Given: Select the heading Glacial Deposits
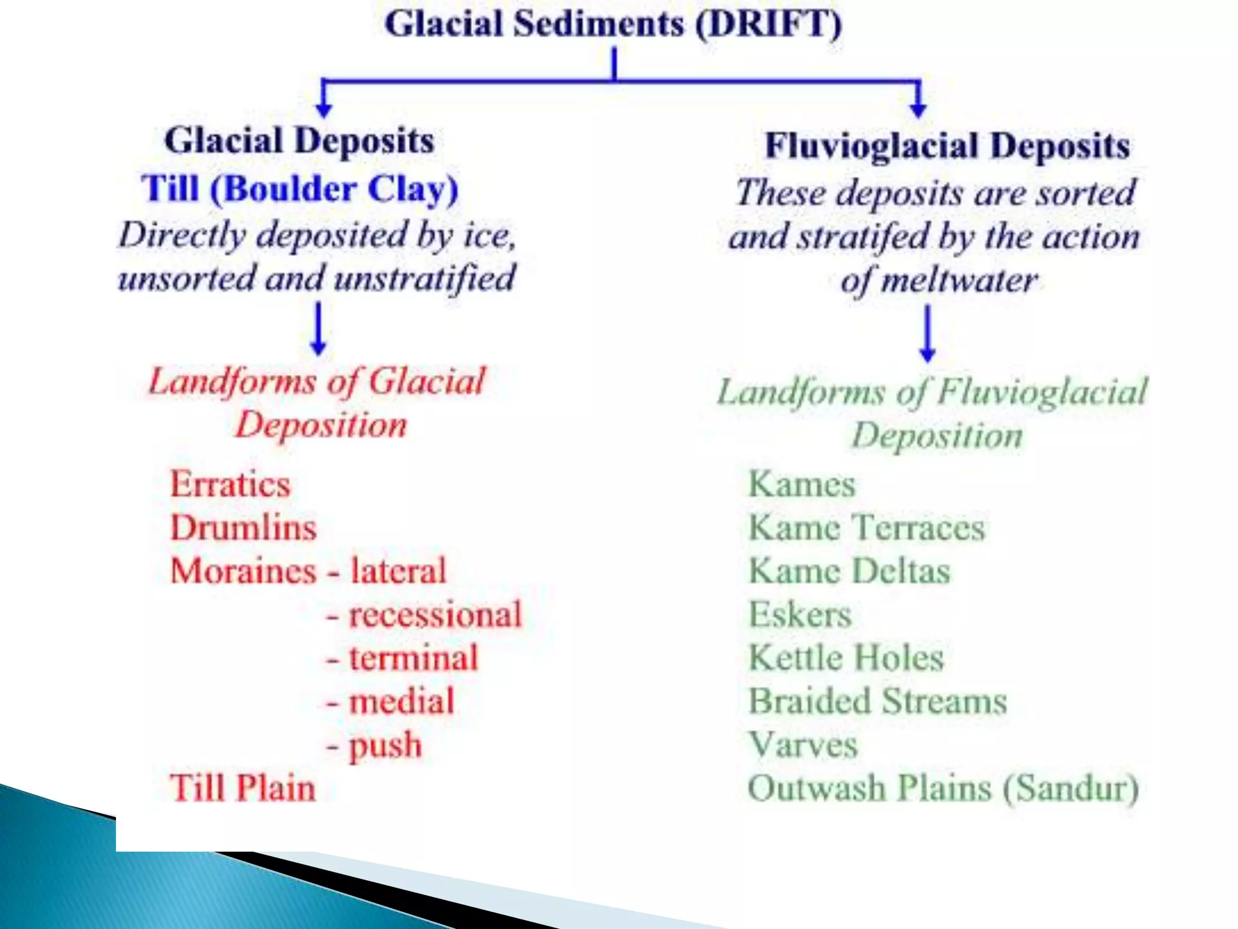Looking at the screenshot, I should [x=299, y=140].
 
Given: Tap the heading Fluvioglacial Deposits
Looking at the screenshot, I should [x=947, y=146].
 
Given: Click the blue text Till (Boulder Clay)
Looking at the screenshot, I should [x=300, y=189].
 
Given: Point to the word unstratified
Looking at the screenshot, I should [x=424, y=278].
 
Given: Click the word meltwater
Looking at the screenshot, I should [x=959, y=280].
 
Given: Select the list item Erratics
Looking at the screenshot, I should [x=230, y=484].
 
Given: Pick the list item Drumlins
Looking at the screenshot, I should [x=244, y=527].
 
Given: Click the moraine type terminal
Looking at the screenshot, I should [x=414, y=658].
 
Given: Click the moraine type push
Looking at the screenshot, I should [x=386, y=746].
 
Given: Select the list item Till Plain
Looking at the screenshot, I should [x=243, y=788].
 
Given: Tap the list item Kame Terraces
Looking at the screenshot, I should [x=867, y=527].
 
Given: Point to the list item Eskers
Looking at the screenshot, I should [x=800, y=614].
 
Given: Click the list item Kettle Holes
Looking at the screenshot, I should [x=846, y=658].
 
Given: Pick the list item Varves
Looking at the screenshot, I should [x=803, y=745].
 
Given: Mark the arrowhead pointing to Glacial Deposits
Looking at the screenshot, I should [x=324, y=109].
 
